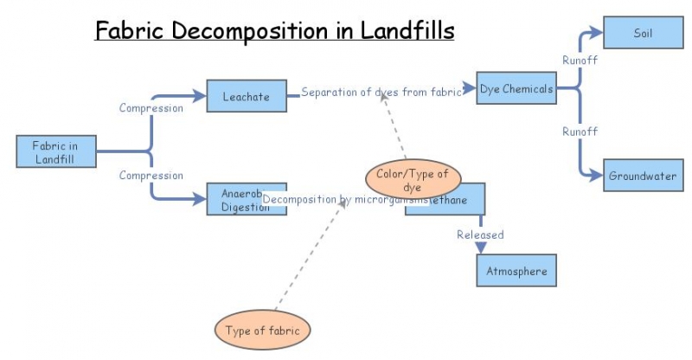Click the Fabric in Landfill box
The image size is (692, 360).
point(56,151)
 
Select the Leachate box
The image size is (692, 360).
point(246,96)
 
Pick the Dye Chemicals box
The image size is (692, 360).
point(516,88)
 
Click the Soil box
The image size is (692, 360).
point(642,34)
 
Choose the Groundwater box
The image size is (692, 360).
point(642,176)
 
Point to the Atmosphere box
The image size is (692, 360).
point(516,271)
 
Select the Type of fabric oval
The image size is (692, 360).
point(261,330)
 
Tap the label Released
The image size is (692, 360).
point(480,235)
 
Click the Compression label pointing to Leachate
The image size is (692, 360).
point(151,108)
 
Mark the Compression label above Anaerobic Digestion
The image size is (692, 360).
point(151,176)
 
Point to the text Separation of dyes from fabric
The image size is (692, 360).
point(381,93)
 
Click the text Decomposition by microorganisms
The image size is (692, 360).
point(346,200)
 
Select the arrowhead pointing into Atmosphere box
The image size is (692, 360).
point(481,248)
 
